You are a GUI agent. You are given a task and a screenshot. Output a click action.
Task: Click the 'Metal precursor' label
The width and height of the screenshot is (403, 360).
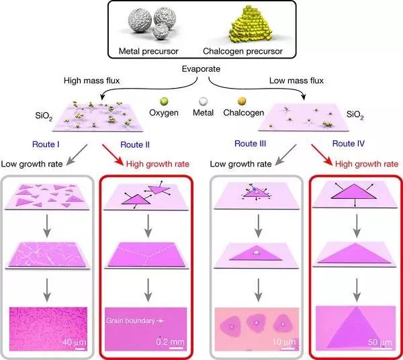(148, 51)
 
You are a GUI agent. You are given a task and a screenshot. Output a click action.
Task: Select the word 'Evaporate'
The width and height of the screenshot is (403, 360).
(201, 69)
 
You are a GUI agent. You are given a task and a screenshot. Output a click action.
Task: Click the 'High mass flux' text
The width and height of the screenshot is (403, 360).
(92, 81)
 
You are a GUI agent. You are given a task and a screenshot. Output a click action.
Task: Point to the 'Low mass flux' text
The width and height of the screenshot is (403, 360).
(296, 81)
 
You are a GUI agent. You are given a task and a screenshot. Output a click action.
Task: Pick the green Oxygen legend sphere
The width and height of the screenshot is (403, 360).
(164, 101)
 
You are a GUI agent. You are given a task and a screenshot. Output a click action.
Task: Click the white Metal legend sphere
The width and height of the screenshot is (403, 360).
(203, 101)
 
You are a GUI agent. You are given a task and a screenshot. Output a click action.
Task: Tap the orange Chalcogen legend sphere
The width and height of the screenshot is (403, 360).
(242, 101)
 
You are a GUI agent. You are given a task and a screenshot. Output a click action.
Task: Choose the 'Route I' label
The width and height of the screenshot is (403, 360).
(46, 144)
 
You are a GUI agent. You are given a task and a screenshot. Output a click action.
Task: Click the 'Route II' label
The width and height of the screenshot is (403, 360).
(135, 144)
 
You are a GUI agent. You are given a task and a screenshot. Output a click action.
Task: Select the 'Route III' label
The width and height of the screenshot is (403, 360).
(250, 144)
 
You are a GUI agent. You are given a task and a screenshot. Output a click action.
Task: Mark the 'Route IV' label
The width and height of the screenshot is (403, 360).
(349, 143)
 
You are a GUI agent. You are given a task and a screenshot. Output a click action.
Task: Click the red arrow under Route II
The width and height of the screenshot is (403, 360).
(113, 155)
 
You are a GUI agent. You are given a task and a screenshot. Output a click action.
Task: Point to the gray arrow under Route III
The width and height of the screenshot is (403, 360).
(285, 155)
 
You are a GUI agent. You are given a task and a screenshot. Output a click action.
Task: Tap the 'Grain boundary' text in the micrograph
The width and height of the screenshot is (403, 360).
(130, 320)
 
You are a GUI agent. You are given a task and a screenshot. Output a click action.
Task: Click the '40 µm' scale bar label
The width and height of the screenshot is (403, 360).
(74, 343)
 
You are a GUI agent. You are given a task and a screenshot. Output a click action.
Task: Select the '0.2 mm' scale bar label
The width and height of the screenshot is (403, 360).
(170, 342)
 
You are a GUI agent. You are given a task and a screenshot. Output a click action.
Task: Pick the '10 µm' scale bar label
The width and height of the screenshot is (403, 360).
(284, 342)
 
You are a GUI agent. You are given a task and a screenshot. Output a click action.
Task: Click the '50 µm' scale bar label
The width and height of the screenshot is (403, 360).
(380, 343)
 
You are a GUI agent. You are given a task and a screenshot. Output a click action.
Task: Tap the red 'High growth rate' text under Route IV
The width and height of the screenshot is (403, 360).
(367, 164)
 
